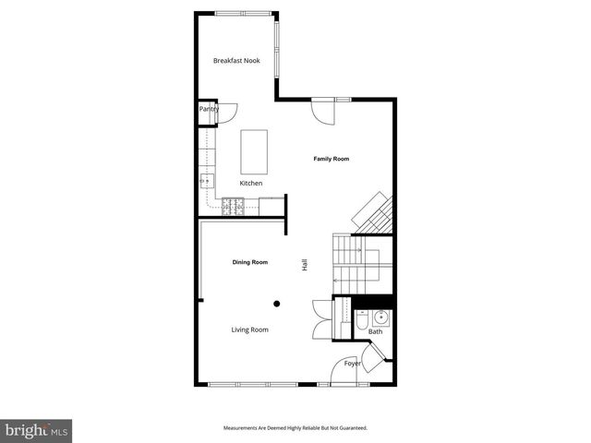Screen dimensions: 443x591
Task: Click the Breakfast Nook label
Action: point(236,61)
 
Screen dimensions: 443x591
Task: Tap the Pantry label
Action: point(209,109)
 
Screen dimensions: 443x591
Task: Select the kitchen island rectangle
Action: point(254,151)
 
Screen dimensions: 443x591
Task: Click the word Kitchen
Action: point(251,183)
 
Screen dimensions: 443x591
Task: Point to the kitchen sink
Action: point(206,180)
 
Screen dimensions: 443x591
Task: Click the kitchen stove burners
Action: point(233,206)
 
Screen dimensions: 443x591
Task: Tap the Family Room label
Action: point(331,160)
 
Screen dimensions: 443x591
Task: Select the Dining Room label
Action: point(249,263)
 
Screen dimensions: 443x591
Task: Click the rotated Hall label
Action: point(304,265)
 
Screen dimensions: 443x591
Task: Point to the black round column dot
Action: point(276,303)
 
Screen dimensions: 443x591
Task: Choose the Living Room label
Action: point(249,329)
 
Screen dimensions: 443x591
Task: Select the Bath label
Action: point(375,331)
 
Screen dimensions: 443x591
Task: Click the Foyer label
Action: point(353,364)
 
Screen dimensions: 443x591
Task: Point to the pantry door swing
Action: point(228,112)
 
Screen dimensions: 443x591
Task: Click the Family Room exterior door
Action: point(323,111)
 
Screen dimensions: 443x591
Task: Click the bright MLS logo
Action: point(37,430)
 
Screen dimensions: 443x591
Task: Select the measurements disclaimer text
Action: point(295,428)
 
